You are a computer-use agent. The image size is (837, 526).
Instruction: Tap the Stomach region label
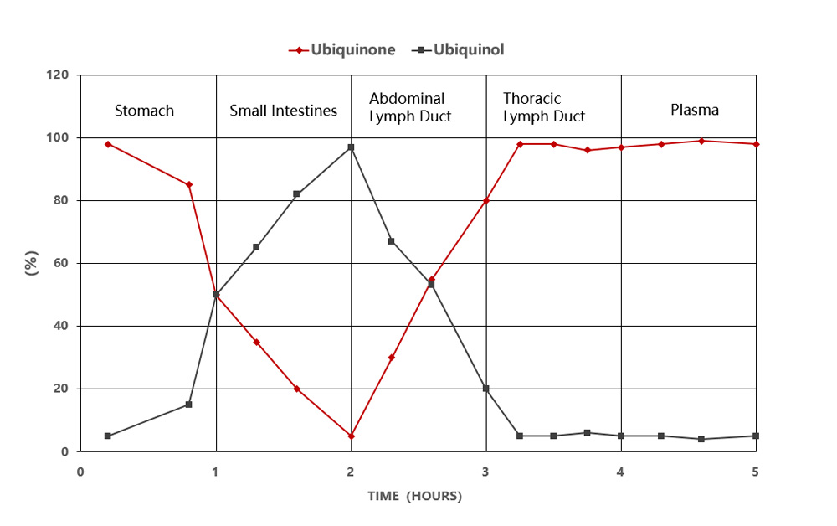pyautogui.click(x=144, y=111)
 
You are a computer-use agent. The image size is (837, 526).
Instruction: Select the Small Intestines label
pyautogui.click(x=284, y=111)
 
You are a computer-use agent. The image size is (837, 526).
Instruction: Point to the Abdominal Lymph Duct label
pyautogui.click(x=410, y=108)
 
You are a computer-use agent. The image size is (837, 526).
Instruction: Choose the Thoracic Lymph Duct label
pyautogui.click(x=544, y=108)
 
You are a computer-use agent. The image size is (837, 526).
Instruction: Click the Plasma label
pyautogui.click(x=695, y=110)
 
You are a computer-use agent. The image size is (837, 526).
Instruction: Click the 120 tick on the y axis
pyautogui.click(x=58, y=75)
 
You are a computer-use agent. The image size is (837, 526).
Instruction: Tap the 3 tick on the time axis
pyautogui.click(x=485, y=472)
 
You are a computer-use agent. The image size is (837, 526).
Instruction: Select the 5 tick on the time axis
pyautogui.click(x=755, y=472)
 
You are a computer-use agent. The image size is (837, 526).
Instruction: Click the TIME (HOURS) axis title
pyautogui.click(x=414, y=496)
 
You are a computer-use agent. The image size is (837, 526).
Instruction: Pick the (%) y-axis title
pyautogui.click(x=32, y=263)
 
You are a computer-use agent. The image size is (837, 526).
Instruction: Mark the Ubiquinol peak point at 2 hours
pyautogui.click(x=351, y=147)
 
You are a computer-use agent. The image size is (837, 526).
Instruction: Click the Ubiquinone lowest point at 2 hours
pyautogui.click(x=351, y=436)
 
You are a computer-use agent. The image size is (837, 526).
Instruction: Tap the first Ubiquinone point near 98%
pyautogui.click(x=108, y=144)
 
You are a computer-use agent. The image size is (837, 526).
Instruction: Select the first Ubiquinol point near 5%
pyautogui.click(x=108, y=436)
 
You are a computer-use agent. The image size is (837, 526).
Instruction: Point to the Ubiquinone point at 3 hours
pyautogui.click(x=485, y=200)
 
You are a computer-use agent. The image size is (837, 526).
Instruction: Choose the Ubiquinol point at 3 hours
pyautogui.click(x=485, y=389)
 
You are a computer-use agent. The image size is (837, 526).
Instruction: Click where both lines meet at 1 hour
pyautogui.click(x=216, y=295)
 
